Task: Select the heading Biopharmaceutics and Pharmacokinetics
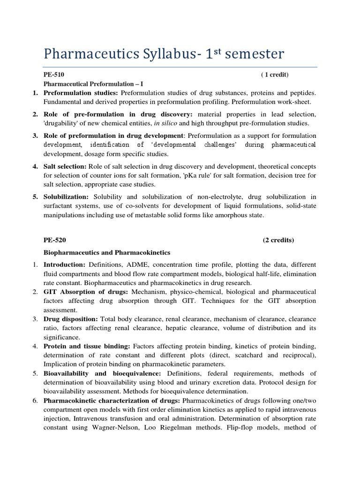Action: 107,253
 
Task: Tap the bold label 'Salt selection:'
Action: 65,167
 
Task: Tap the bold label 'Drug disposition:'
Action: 71,319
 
